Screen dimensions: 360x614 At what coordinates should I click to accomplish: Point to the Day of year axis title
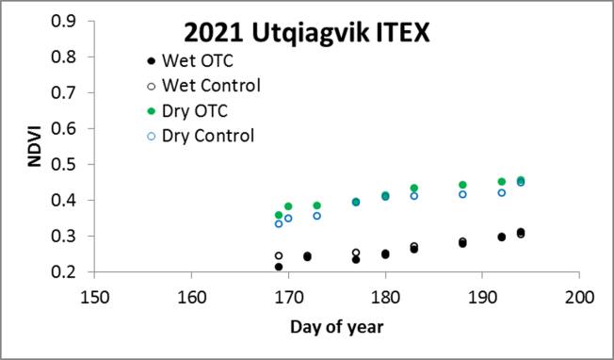click(336, 327)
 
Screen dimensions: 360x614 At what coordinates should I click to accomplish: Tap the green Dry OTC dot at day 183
click(413, 188)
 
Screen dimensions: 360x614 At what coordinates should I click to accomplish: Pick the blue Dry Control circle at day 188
click(462, 194)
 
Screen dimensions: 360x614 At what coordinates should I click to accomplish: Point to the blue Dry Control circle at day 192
click(501, 192)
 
